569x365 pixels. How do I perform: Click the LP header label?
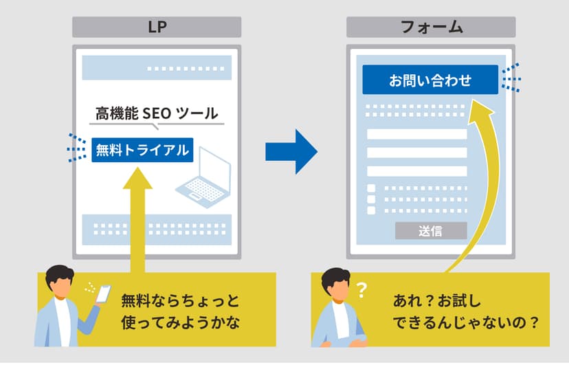(x=157, y=27)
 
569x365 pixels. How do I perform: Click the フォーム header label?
(x=431, y=27)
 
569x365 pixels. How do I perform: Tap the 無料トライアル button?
(x=142, y=150)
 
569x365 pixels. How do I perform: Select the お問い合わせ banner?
(x=430, y=80)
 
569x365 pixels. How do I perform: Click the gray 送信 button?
(x=431, y=231)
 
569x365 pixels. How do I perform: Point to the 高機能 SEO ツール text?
(x=157, y=113)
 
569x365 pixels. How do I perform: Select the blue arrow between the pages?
(x=291, y=151)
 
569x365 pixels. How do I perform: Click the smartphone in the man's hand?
(x=103, y=294)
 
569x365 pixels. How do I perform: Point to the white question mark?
(x=361, y=290)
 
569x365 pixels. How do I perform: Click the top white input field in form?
(x=417, y=134)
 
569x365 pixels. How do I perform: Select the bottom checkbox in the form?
(x=371, y=210)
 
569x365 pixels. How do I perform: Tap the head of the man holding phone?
(x=59, y=281)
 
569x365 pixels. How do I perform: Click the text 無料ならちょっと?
(x=180, y=301)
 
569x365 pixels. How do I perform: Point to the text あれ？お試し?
(x=437, y=301)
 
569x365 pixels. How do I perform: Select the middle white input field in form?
(x=417, y=153)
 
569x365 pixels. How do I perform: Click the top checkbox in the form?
(x=371, y=188)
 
